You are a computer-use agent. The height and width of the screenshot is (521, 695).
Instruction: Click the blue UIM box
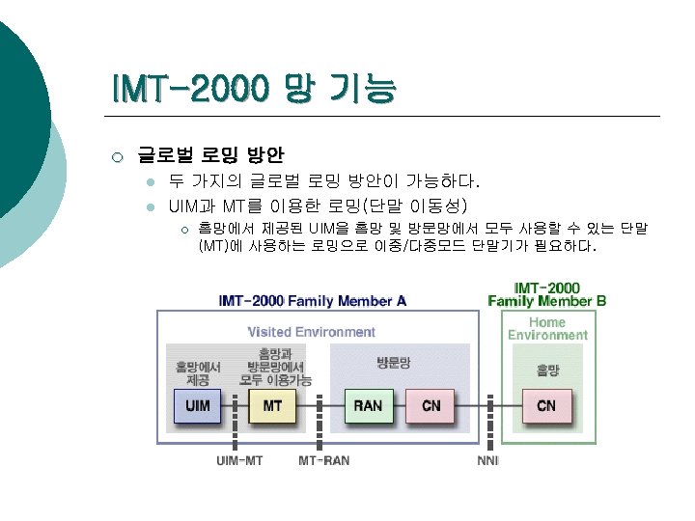198,406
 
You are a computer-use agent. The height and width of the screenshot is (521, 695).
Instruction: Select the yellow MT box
272,406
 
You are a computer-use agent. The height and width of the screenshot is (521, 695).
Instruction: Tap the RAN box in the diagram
368,406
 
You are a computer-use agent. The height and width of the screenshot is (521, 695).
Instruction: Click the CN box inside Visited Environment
431,406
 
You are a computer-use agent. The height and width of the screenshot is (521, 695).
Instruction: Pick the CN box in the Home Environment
546,406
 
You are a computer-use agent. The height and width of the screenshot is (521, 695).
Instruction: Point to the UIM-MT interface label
238,460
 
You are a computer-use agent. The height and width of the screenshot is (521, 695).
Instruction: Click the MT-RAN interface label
323,460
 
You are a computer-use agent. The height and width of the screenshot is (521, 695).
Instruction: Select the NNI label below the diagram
488,460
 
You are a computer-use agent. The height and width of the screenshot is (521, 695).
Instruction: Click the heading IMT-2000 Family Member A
313,300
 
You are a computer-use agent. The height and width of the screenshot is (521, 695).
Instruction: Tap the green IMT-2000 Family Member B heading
547,293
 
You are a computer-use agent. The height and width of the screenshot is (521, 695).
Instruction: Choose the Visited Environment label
311,332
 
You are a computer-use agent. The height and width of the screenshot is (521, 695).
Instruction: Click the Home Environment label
547,328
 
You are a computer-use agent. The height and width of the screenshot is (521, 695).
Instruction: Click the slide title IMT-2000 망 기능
253,91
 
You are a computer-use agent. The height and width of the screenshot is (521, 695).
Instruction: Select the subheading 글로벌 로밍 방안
210,153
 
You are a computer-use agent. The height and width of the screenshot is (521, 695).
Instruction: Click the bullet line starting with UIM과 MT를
318,206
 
